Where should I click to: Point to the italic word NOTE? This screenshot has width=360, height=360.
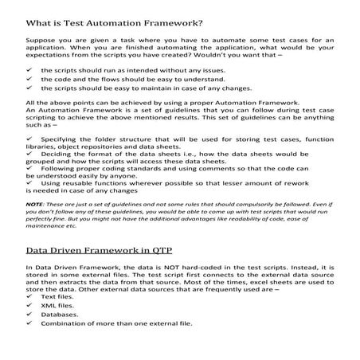pos(36,204)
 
